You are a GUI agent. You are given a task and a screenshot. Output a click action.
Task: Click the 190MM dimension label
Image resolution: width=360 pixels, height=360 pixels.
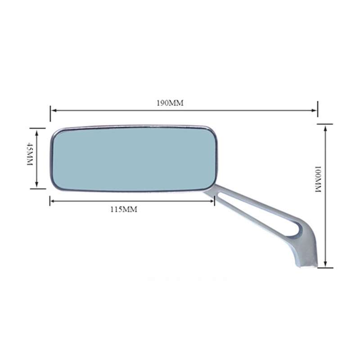tap(170, 103)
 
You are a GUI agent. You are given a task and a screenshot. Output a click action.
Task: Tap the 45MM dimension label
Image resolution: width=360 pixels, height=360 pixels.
tap(30, 154)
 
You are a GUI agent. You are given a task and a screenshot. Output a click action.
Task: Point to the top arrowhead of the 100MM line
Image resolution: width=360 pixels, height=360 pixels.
tap(325, 127)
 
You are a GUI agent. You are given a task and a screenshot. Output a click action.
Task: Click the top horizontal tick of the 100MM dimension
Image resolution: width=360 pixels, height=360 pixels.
tap(325, 124)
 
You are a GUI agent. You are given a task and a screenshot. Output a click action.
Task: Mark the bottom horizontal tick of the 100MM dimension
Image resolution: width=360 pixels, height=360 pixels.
tap(325, 268)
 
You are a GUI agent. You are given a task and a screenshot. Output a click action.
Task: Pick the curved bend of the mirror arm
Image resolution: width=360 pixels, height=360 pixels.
tap(306, 229)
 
